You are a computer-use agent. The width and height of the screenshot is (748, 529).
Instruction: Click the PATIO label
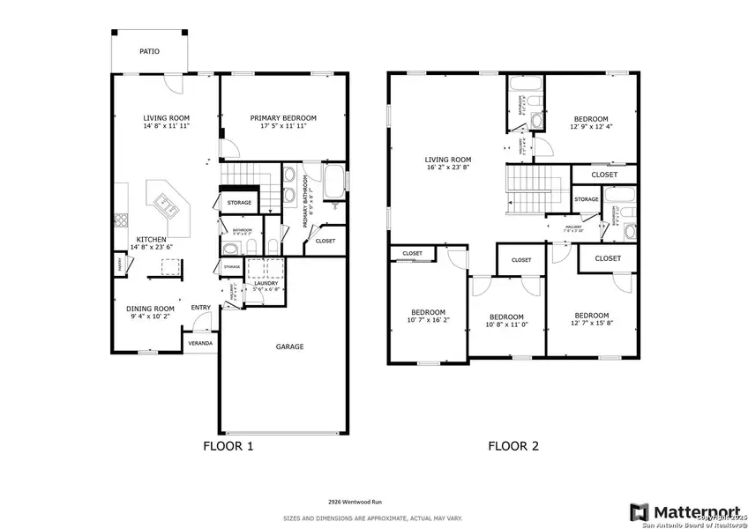tap(149, 52)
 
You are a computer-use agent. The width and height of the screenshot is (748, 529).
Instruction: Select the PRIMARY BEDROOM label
tap(282, 118)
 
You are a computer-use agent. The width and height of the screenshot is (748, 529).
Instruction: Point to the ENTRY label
tap(201, 308)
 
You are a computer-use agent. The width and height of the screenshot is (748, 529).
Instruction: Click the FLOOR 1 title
tap(228, 446)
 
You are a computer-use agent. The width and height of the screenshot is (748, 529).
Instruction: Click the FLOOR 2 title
tap(513, 446)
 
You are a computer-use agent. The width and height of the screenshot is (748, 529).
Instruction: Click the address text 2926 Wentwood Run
tap(373, 499)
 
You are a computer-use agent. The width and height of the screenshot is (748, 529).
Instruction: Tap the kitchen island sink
tap(167, 205)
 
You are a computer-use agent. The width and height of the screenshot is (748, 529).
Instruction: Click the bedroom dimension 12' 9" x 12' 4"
tap(591, 129)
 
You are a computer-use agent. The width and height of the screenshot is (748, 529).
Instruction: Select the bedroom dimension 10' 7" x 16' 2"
tap(427, 322)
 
